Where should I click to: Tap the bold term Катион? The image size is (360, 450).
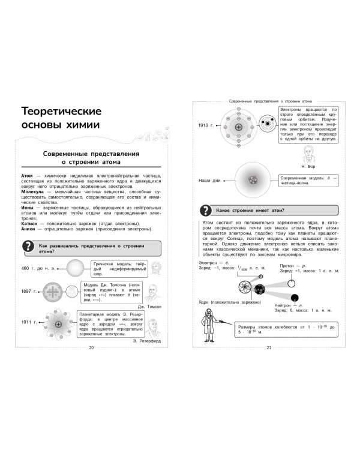pyautogui.click(x=29, y=224)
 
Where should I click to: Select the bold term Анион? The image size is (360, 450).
pyautogui.click(x=29, y=230)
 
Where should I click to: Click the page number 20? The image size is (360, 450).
pyautogui.click(x=91, y=349)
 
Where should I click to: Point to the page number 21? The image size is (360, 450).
pyautogui.click(x=269, y=349)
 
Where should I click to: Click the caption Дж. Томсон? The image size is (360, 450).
pyautogui.click(x=147, y=306)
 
